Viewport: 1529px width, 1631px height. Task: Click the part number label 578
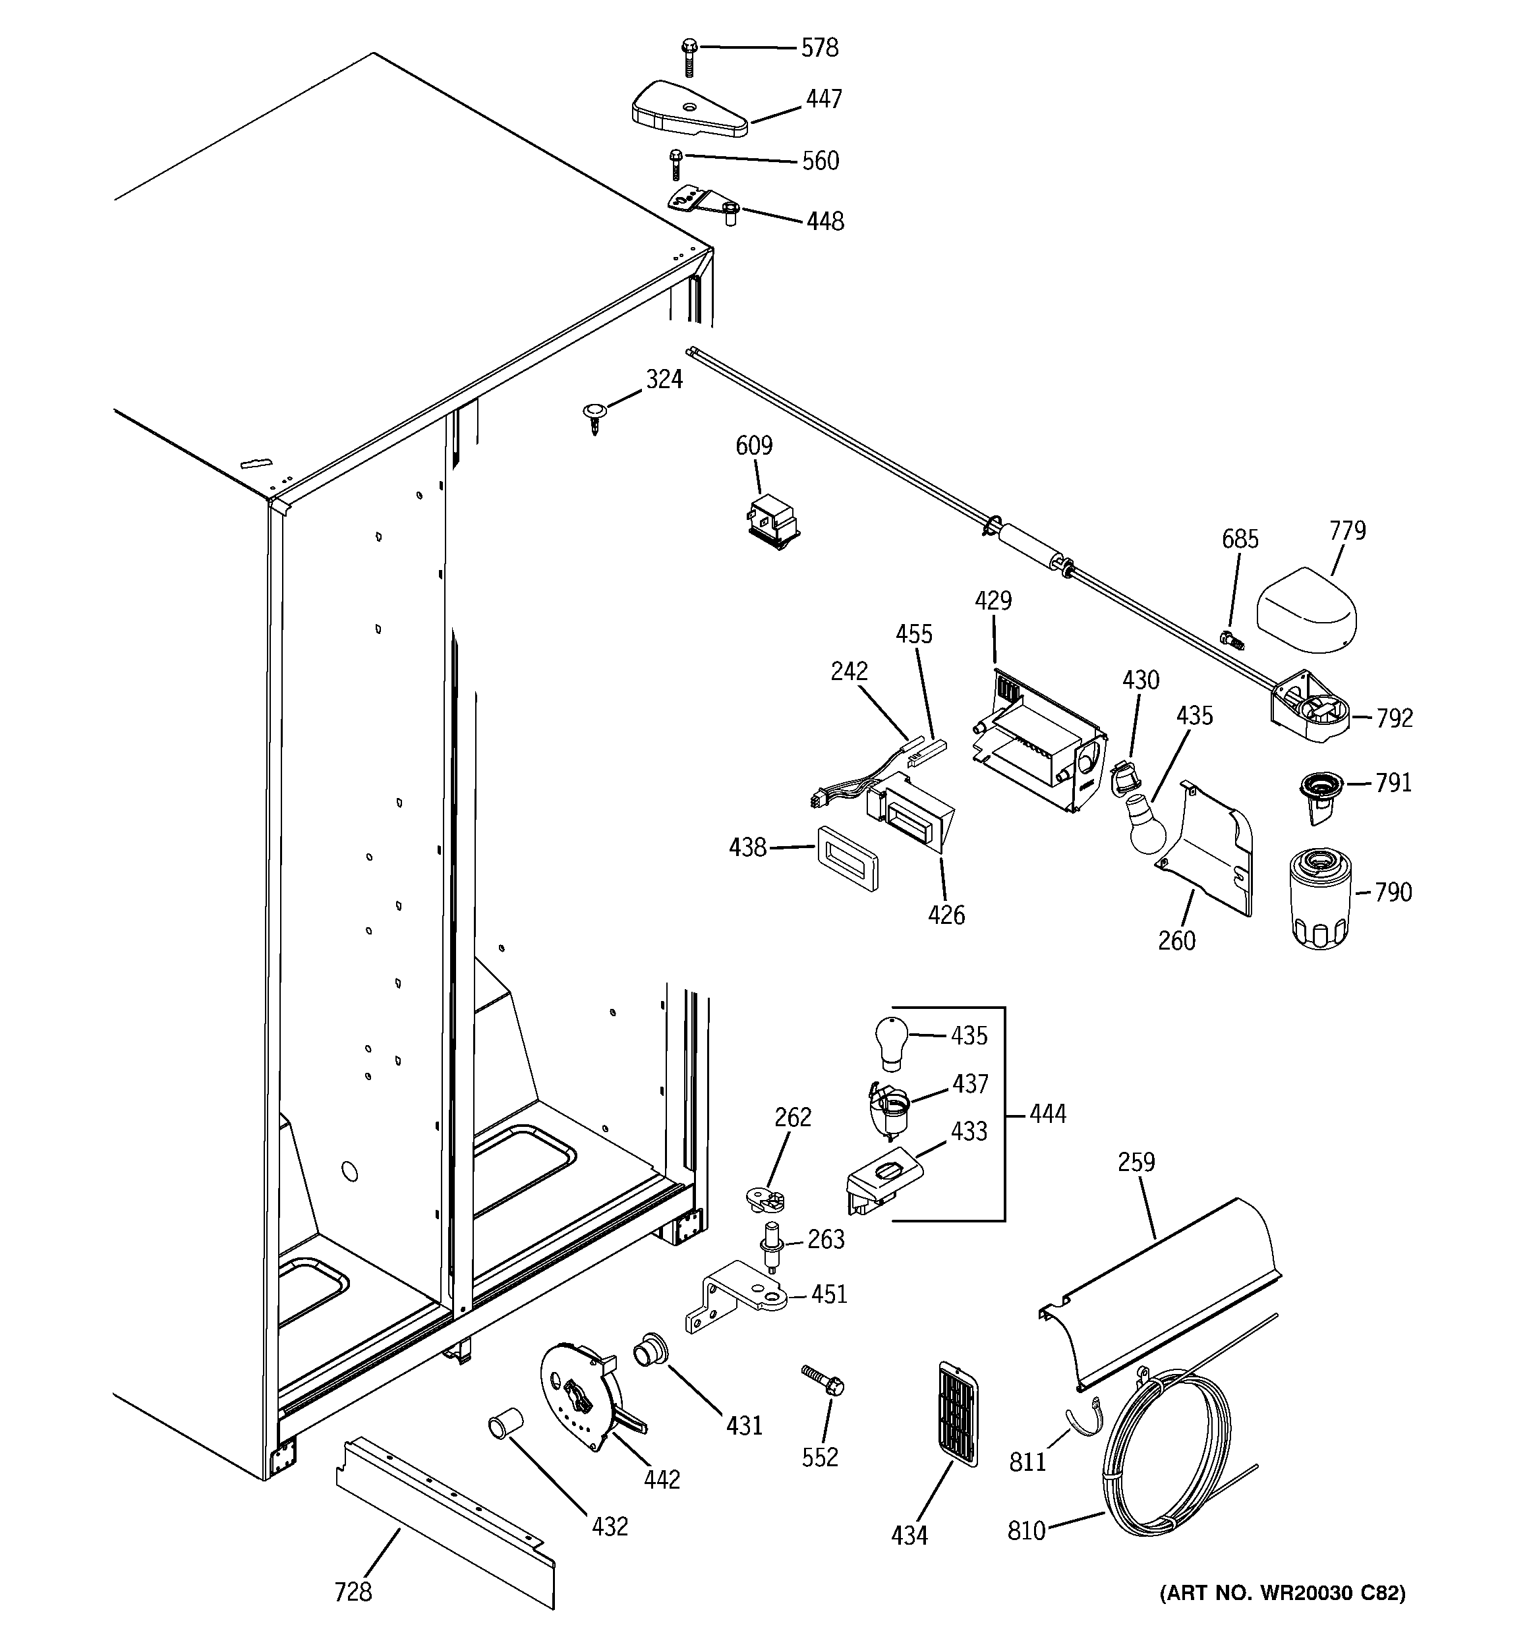click(819, 48)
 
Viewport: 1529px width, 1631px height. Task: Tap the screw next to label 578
click(689, 57)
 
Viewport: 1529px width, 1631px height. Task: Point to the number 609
click(753, 445)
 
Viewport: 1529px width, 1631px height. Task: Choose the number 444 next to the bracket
click(1047, 1114)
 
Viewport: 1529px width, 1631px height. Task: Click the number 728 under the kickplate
click(353, 1592)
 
